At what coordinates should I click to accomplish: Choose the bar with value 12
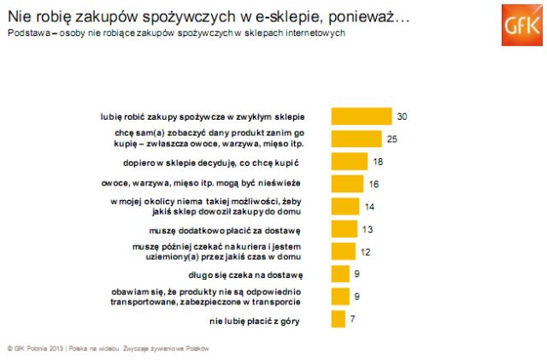point(342,252)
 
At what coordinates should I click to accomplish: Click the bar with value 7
point(338,321)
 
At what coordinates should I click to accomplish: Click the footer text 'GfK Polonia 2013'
point(38,348)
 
